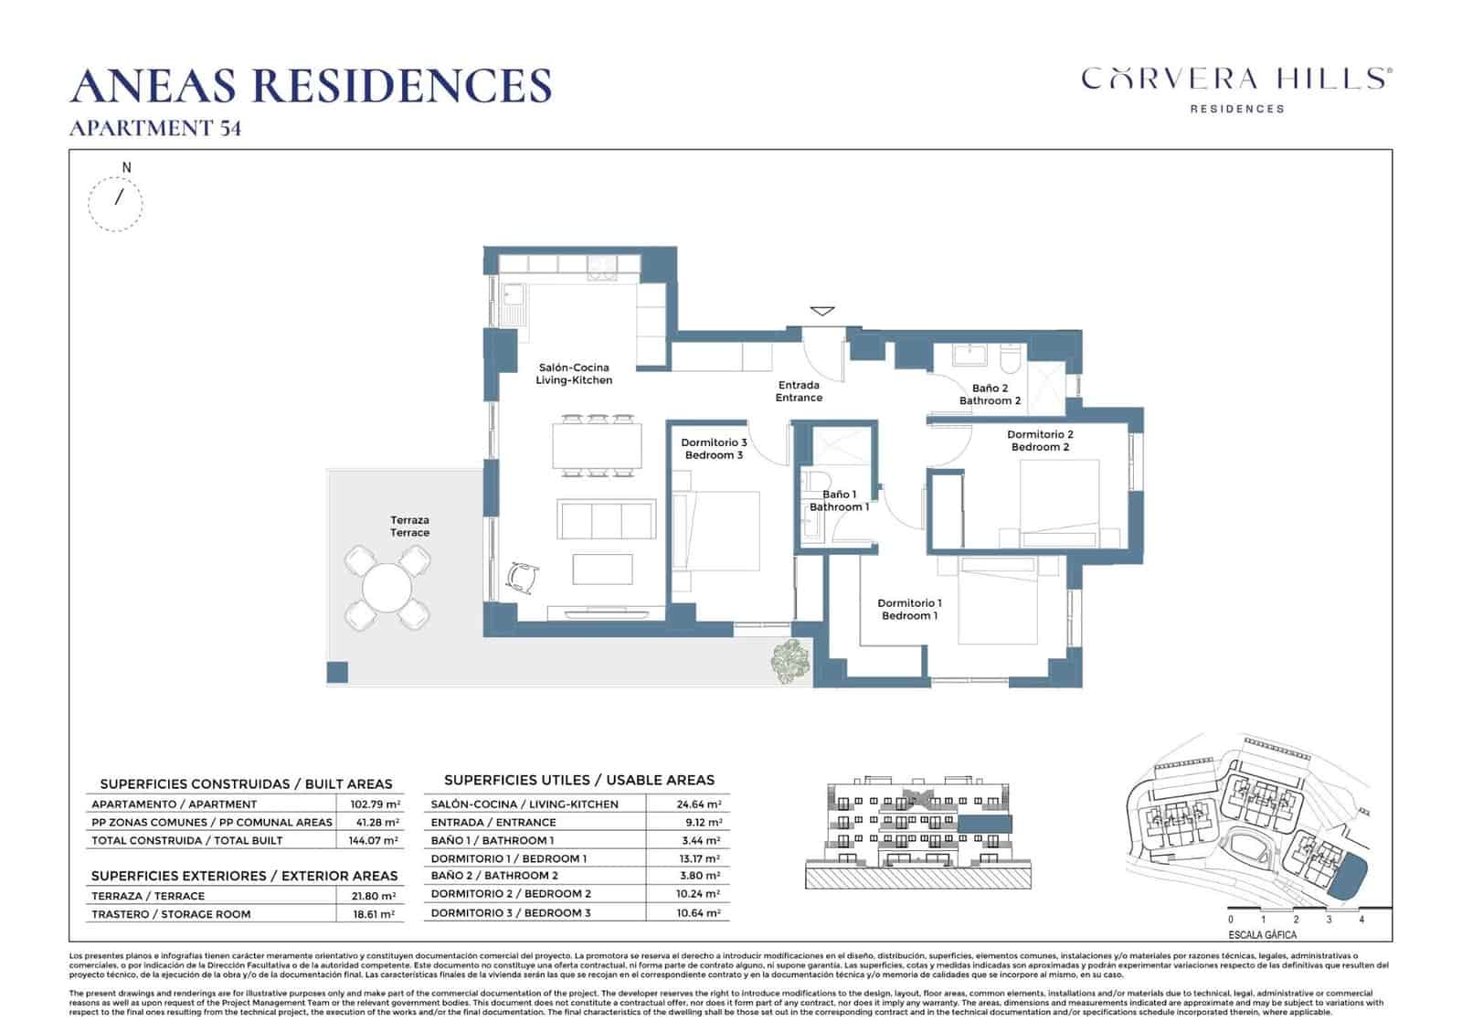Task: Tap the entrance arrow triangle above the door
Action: (x=822, y=312)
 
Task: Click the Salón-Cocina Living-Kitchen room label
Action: (x=574, y=374)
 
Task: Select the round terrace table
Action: (x=387, y=588)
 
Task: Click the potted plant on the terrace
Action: (x=790, y=661)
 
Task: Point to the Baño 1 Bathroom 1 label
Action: (x=839, y=501)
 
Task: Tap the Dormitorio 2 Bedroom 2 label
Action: (x=1040, y=441)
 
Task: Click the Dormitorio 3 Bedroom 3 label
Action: (x=714, y=449)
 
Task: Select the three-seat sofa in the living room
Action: (x=608, y=520)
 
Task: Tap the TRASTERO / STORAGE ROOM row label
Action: (x=171, y=914)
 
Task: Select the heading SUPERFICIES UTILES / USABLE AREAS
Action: (x=578, y=780)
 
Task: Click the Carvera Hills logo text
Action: (x=1236, y=79)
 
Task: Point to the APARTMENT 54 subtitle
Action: (x=155, y=129)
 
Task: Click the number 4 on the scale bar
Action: (x=1361, y=920)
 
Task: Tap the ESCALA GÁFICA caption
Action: (x=1262, y=935)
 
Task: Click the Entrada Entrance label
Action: (x=799, y=391)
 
